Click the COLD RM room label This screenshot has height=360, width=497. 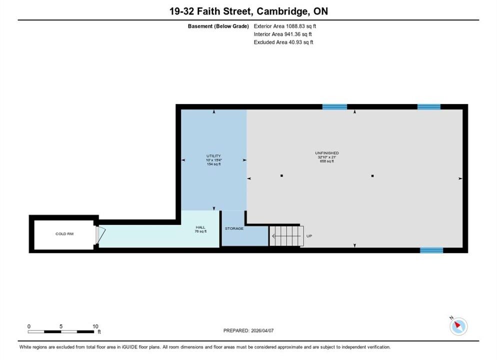(64, 234)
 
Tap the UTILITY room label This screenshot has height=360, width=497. (213, 156)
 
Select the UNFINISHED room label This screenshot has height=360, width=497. (327, 153)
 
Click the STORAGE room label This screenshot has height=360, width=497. (234, 228)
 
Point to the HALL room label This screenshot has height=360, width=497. (200, 227)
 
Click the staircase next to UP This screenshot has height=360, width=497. (286, 236)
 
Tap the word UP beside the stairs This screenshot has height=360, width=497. (309, 236)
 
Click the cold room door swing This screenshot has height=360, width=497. (100, 235)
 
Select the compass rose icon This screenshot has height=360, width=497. (458, 326)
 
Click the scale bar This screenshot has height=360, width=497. (61, 332)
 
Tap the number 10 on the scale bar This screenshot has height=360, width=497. (95, 326)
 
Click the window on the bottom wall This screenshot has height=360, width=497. (431, 250)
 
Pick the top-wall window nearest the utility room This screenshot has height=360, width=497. (334, 107)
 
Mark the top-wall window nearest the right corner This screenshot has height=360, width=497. (429, 107)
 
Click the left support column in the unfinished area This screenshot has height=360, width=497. (281, 175)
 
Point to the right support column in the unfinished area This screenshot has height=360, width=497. (372, 175)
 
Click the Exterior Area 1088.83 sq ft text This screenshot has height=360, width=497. (284, 26)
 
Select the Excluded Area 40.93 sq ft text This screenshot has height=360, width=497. (283, 42)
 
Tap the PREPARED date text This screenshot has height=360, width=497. (248, 330)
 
